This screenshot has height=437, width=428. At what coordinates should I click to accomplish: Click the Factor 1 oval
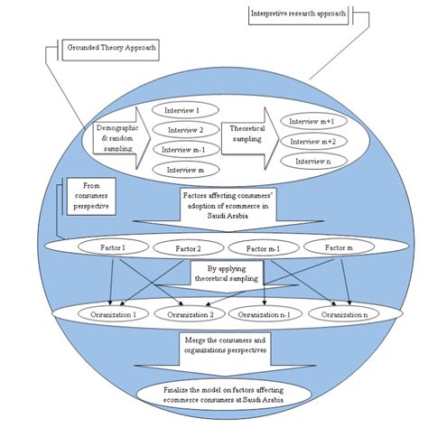(x=107, y=246)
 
